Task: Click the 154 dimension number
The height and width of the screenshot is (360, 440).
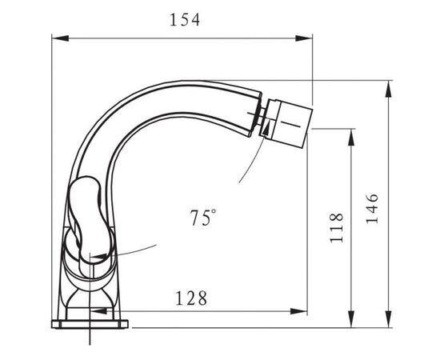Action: point(185,20)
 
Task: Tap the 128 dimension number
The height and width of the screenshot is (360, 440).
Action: point(191,298)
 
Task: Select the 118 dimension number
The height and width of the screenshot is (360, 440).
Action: point(337,227)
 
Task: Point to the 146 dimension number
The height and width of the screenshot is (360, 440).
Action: point(372,208)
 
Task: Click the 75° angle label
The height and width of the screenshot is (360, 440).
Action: point(203,218)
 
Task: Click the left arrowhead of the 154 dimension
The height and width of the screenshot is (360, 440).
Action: point(60,38)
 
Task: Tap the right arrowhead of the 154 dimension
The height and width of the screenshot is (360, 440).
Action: point(304,38)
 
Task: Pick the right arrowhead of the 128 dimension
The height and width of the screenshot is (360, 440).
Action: point(299,311)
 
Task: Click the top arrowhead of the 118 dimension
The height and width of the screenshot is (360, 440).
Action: point(351,138)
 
